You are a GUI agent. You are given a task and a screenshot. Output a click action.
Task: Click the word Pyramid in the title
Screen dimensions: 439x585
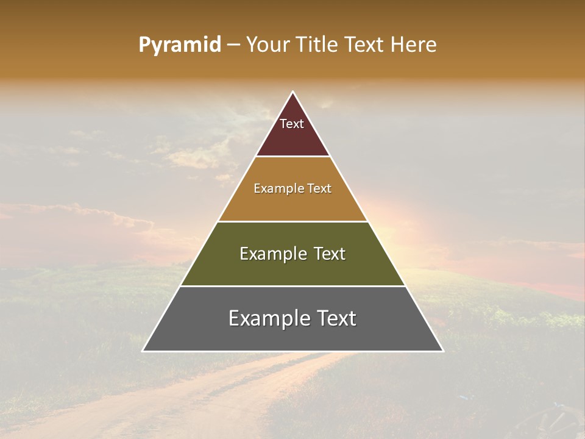tap(179, 45)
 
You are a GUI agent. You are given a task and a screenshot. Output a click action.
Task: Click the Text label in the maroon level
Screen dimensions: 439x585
tap(292, 124)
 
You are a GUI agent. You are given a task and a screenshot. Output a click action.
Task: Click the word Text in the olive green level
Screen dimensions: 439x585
tap(330, 254)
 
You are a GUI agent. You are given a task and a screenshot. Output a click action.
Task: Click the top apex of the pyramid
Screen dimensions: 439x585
tap(292, 92)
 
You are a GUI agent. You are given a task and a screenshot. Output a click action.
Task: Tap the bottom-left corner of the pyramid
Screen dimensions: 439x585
tap(143, 351)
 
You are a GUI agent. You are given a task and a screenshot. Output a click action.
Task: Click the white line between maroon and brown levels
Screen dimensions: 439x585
tap(292, 157)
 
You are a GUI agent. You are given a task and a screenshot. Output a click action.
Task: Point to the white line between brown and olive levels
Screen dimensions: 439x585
tap(292, 221)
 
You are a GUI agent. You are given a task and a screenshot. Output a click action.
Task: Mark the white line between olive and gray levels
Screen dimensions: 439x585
tap(292, 286)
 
